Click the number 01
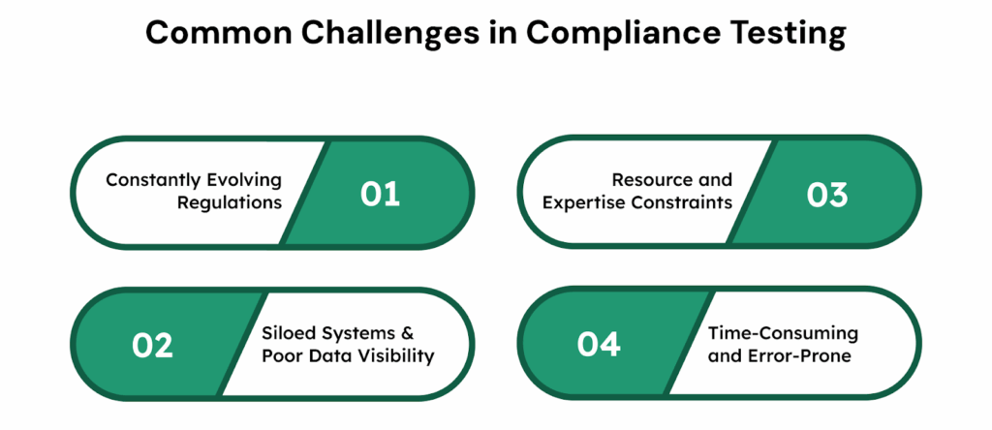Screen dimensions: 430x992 pos(380,193)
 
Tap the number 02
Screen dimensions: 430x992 pos(152,344)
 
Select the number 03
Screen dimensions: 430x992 pos(826,193)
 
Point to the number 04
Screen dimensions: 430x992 pos(600,344)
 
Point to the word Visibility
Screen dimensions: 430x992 pos(396,355)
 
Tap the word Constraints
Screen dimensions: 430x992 pos(685,202)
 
